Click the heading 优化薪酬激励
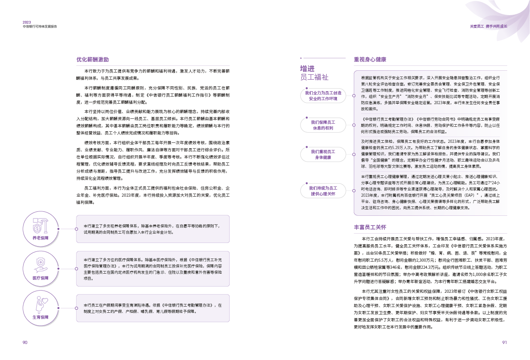click(92, 59)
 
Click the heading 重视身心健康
click(370, 59)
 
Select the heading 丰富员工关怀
click(370, 227)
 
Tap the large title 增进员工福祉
click(314, 73)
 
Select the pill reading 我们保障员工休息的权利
click(323, 125)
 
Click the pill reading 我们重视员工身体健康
click(323, 154)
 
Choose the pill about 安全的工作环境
click(323, 96)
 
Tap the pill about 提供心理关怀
click(323, 191)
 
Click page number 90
click(25, 342)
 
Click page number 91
click(504, 342)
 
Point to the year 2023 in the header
click(27, 22)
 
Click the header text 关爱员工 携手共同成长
click(488, 26)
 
